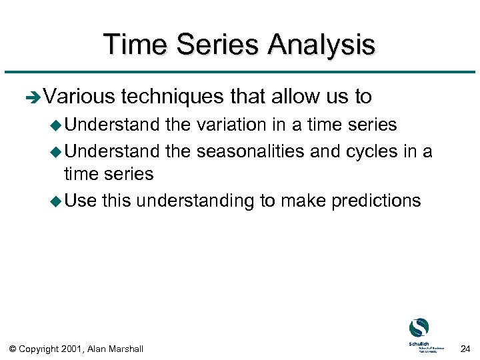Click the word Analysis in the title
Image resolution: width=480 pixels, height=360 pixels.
321,45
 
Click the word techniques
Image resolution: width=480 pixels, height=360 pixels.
173,97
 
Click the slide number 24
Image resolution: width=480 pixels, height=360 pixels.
465,348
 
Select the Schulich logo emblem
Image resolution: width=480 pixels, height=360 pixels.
419,327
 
